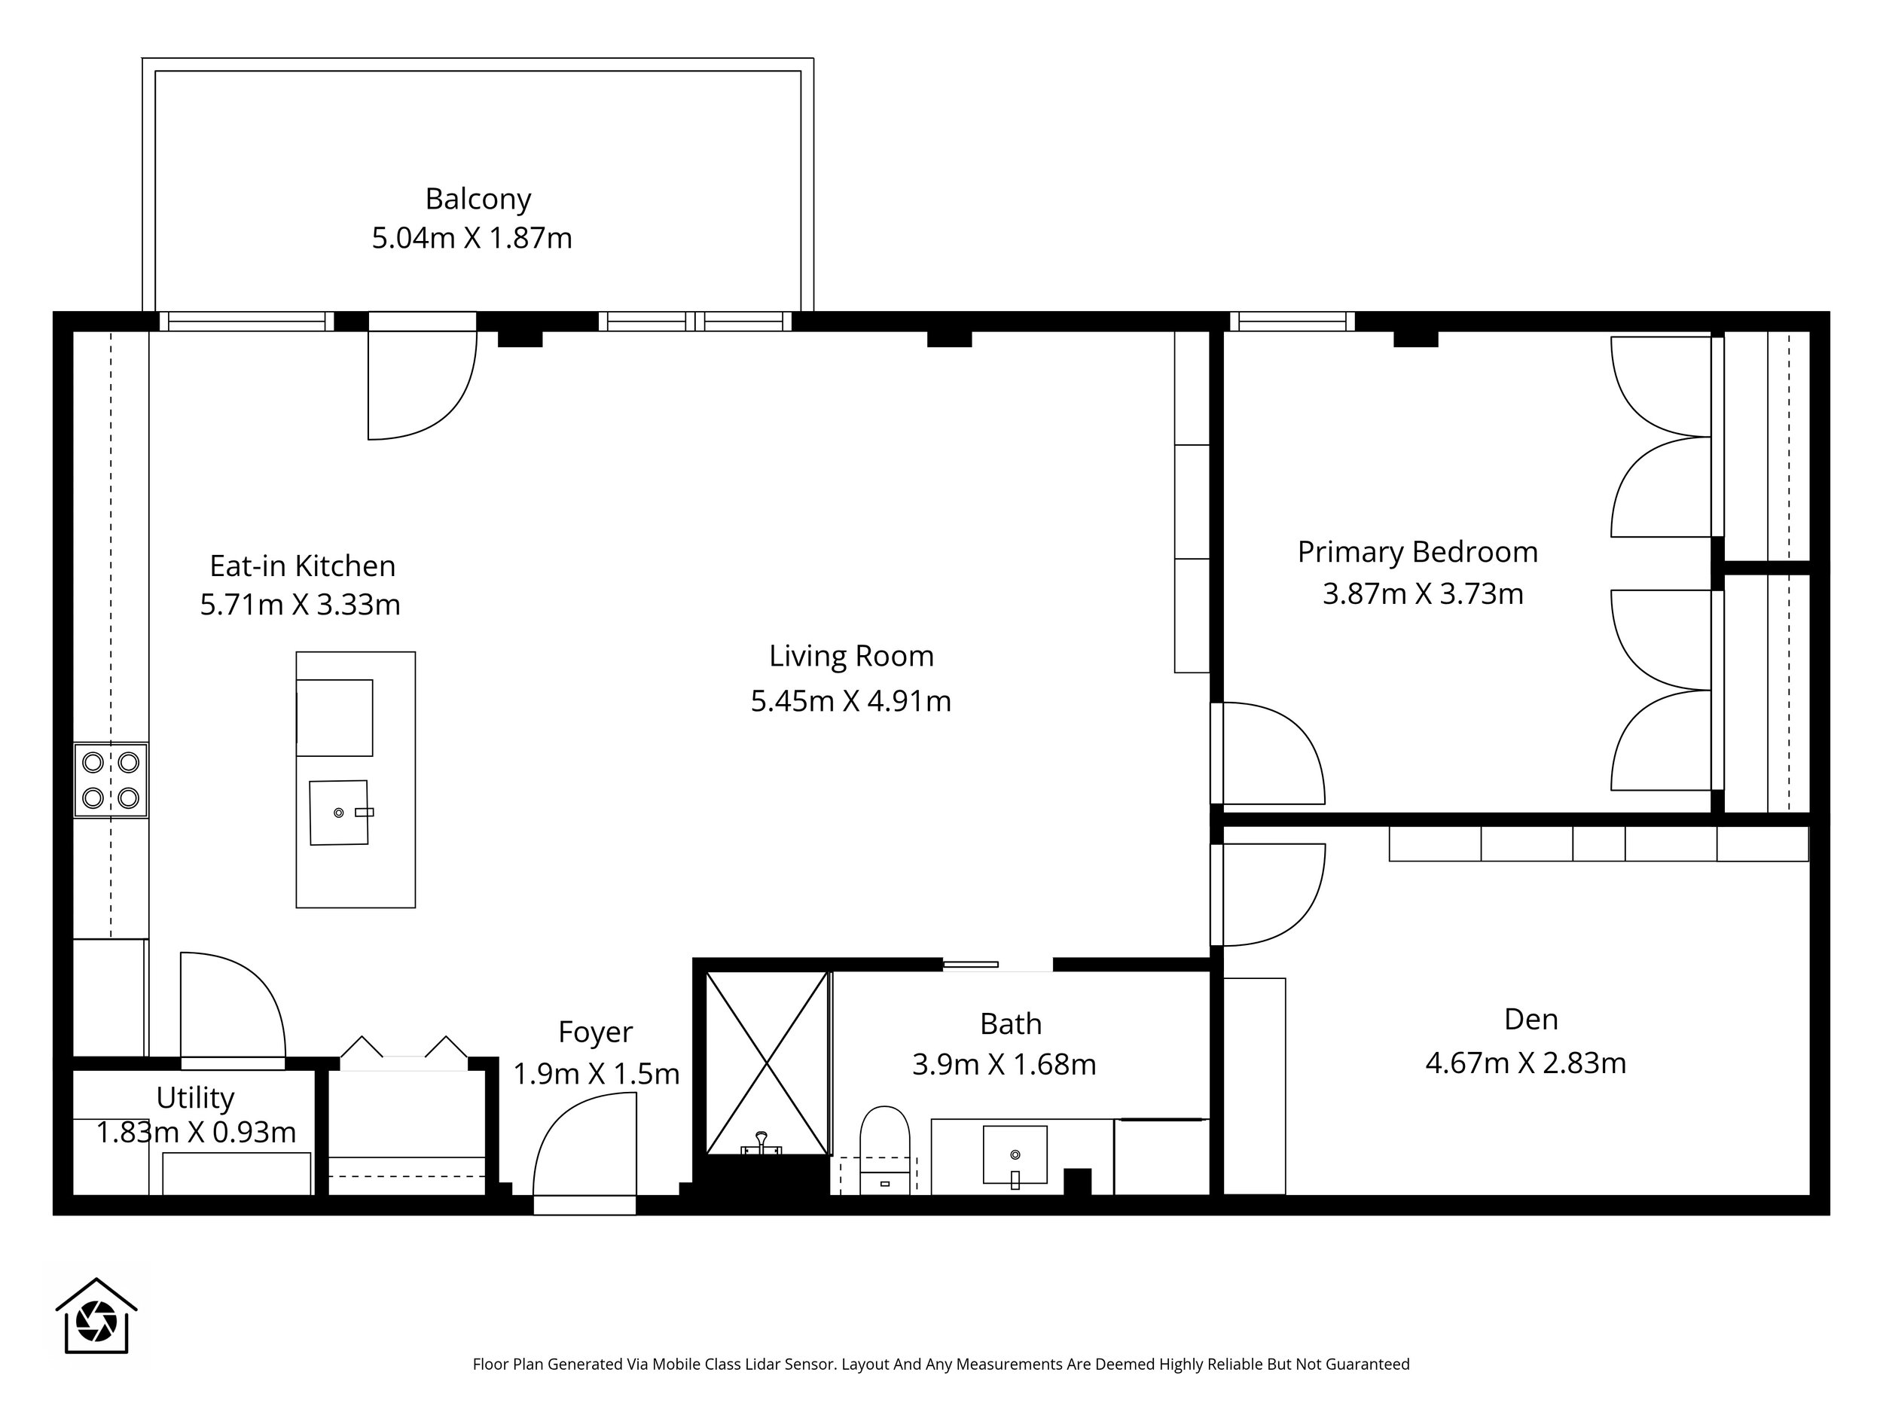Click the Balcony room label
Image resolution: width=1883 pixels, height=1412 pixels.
(x=478, y=199)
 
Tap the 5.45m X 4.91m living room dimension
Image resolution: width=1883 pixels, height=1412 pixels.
(x=850, y=700)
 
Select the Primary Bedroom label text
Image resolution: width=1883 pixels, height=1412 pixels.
(x=1418, y=552)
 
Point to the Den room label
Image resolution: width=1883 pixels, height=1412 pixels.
(x=1531, y=1019)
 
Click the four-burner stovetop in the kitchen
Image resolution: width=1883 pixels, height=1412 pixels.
(x=111, y=779)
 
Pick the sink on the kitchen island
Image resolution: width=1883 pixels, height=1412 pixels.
(x=340, y=813)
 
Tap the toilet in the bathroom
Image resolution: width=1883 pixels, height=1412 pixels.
(x=884, y=1150)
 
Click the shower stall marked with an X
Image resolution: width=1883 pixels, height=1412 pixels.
(x=767, y=1063)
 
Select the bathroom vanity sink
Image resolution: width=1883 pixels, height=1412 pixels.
(x=1015, y=1156)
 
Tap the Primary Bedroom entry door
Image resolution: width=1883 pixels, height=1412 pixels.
(x=1268, y=753)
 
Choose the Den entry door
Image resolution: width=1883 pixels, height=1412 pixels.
(x=1268, y=895)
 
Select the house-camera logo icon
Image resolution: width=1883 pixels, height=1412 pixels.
(x=96, y=1315)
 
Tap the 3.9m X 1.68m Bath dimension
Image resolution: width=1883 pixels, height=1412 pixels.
(x=1004, y=1064)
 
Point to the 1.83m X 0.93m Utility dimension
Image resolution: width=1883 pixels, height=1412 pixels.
(x=196, y=1132)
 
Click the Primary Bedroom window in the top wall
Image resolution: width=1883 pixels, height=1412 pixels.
(x=1292, y=322)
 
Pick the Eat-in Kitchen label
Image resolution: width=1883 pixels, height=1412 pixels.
(x=302, y=566)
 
